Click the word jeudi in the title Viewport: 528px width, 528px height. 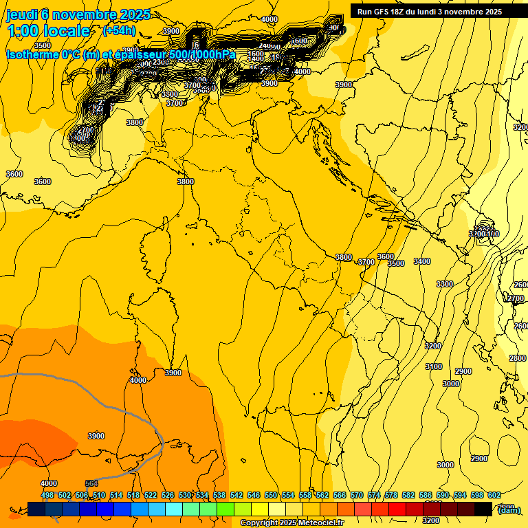coord(22,15)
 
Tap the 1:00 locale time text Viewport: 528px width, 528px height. coord(48,31)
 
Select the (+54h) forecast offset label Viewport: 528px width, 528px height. coord(119,31)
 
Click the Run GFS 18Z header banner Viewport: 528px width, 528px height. coord(430,12)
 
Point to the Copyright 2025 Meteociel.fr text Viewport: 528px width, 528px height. coord(302,523)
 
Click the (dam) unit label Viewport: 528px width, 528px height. coord(508,509)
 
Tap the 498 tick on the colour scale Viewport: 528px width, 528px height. coord(47,495)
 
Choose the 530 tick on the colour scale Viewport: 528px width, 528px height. coord(185,495)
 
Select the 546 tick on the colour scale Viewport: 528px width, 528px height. coord(254,495)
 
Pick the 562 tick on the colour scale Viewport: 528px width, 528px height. coord(322,495)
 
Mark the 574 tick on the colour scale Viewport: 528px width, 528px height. coord(374,495)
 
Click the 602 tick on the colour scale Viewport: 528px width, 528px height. coord(494,495)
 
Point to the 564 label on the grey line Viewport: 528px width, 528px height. coord(91,483)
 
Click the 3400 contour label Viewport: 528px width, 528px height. coord(422,261)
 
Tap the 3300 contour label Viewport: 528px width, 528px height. coord(445,284)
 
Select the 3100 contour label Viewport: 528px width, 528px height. coord(434,366)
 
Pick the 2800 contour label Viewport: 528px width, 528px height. coord(518,358)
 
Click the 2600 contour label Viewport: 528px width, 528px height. coord(521,285)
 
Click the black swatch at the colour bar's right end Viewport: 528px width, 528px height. coord(483,509)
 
